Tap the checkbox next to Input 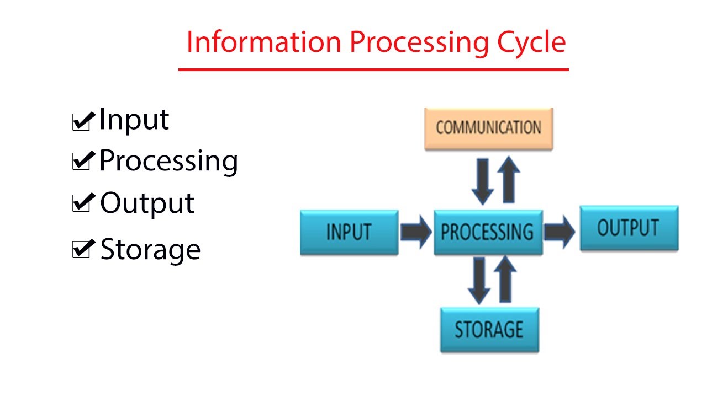tap(81, 121)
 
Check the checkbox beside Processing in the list tap(81, 162)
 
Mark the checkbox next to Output tap(81, 204)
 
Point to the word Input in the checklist tap(134, 120)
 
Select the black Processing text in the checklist tap(168, 161)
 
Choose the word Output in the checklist tap(147, 203)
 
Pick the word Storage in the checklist tap(150, 250)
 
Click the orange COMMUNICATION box tap(488, 128)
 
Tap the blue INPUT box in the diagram tap(349, 232)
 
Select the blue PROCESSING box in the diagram tap(488, 232)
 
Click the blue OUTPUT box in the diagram tap(629, 228)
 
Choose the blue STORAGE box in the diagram tap(489, 330)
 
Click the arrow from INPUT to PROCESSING tap(416, 232)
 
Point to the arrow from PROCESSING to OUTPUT tap(560, 232)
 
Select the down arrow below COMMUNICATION tap(483, 181)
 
